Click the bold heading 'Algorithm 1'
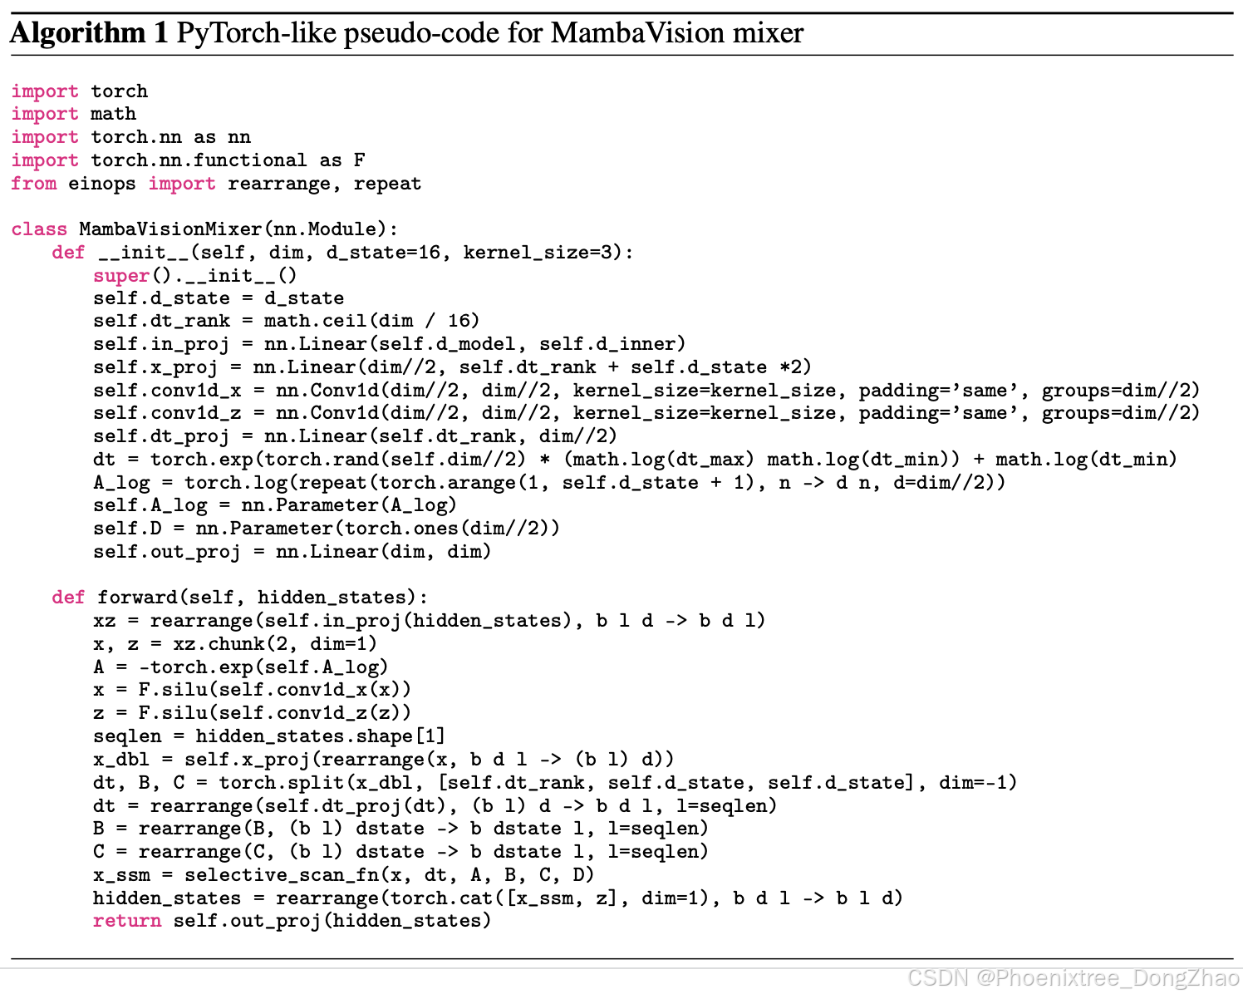90,33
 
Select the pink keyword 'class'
39,229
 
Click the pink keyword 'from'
34,184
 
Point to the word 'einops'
101,184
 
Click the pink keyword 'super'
121,276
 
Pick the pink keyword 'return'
127,921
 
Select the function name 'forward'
136,598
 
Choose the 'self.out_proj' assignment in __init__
166,552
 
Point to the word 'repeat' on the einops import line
387,184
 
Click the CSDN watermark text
1073,978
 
